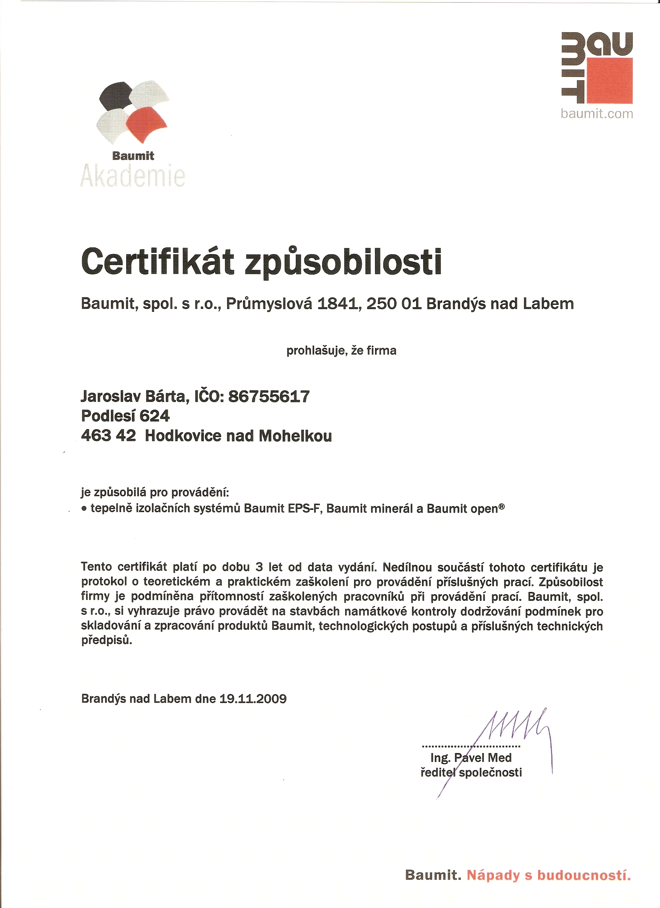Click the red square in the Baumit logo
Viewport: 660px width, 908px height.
pos(610,81)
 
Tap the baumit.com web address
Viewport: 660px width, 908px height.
pos(596,114)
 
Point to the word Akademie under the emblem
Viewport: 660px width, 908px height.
pos(133,176)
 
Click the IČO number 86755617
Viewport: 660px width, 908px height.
pos(269,397)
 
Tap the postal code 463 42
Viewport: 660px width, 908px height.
pos(108,436)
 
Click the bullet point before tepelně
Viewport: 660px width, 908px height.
pos(84,509)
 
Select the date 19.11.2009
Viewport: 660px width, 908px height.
pos(253,699)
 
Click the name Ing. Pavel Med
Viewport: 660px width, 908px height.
pos(471,758)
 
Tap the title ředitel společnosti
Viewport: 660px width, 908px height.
pos(471,773)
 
